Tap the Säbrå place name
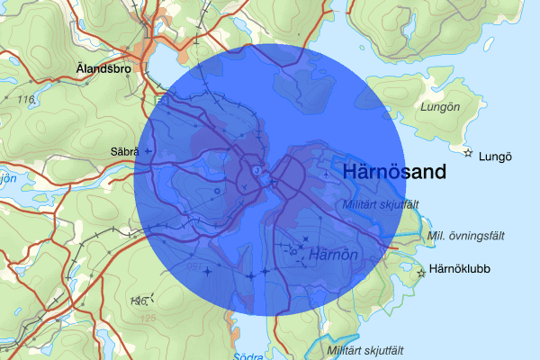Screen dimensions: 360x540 click(x=122, y=151)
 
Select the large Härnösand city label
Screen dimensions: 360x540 click(x=394, y=174)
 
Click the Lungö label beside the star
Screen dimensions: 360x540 click(x=497, y=155)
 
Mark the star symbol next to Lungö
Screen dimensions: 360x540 click(x=468, y=152)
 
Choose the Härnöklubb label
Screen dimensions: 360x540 click(x=460, y=268)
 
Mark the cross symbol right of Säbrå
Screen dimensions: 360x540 click(x=148, y=151)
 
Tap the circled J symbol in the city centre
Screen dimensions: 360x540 click(x=257, y=168)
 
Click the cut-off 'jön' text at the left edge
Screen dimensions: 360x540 click(x=7, y=178)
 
